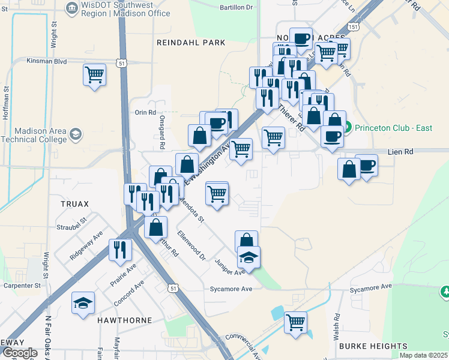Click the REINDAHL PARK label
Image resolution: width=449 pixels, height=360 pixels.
[x=191, y=43]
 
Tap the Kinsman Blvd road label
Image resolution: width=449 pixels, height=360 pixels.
[x=47, y=61]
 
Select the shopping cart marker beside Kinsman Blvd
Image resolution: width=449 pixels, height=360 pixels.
[x=95, y=75]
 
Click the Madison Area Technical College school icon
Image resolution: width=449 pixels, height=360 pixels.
[x=76, y=133]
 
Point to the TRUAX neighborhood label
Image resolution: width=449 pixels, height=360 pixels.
[x=74, y=204]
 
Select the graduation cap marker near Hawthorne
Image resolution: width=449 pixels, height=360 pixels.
[x=83, y=303]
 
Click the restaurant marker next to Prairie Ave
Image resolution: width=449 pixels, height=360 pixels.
[x=120, y=250]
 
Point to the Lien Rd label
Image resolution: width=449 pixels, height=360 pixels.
[x=400, y=152]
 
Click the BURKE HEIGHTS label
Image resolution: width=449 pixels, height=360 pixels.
[x=373, y=346]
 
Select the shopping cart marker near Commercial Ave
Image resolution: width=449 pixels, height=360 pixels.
[x=295, y=323]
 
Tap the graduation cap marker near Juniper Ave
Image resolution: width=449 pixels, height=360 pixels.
[x=249, y=257]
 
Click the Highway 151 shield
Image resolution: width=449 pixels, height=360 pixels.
[x=355, y=28]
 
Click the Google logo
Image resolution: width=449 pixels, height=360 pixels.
[x=19, y=353]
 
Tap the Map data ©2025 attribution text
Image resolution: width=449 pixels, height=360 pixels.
[x=423, y=355]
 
